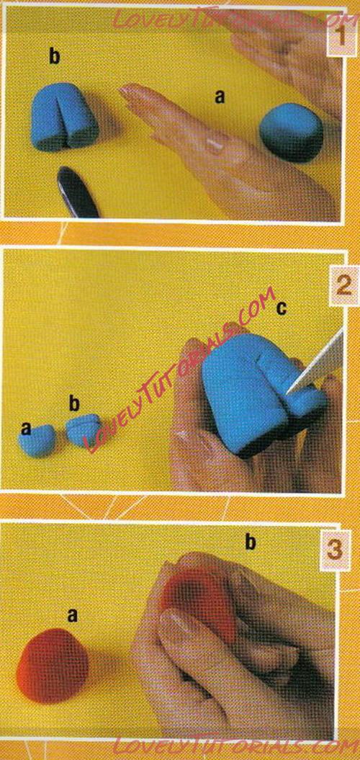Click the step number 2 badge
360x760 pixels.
click(343, 288)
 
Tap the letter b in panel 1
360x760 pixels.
click(55, 57)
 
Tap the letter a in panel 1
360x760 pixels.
click(220, 97)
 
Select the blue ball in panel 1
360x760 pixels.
click(291, 133)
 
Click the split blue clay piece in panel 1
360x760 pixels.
click(65, 115)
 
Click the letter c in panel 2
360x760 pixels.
click(281, 308)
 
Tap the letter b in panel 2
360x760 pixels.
click(74, 403)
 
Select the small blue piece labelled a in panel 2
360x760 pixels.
click(37, 440)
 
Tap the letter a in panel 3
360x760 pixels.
click(72, 615)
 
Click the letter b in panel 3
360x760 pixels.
click(250, 543)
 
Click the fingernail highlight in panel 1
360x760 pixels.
click(213, 144)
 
